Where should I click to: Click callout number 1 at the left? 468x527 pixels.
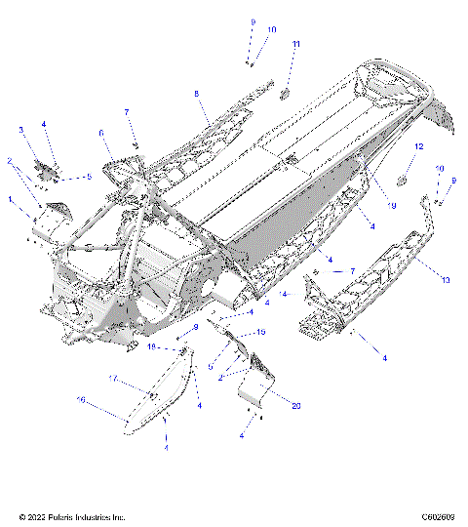(11, 199)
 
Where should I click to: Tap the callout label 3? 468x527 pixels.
(20, 129)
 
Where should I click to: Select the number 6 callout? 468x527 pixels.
(100, 133)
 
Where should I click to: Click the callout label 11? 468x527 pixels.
(296, 45)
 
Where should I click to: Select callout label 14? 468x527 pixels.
(284, 292)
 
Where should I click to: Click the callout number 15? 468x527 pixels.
(260, 333)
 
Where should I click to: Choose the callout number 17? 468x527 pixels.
(113, 378)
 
